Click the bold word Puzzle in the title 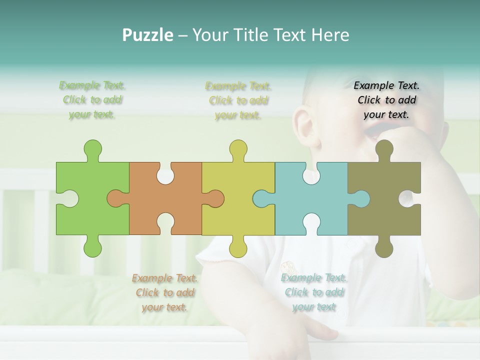coord(148,35)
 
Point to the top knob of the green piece coord(92,149)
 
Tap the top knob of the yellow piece coord(238,149)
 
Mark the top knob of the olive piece coord(384,149)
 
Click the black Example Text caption coord(386,100)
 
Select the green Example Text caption coord(92,100)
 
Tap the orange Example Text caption coord(165,292)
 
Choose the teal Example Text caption coord(314,292)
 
